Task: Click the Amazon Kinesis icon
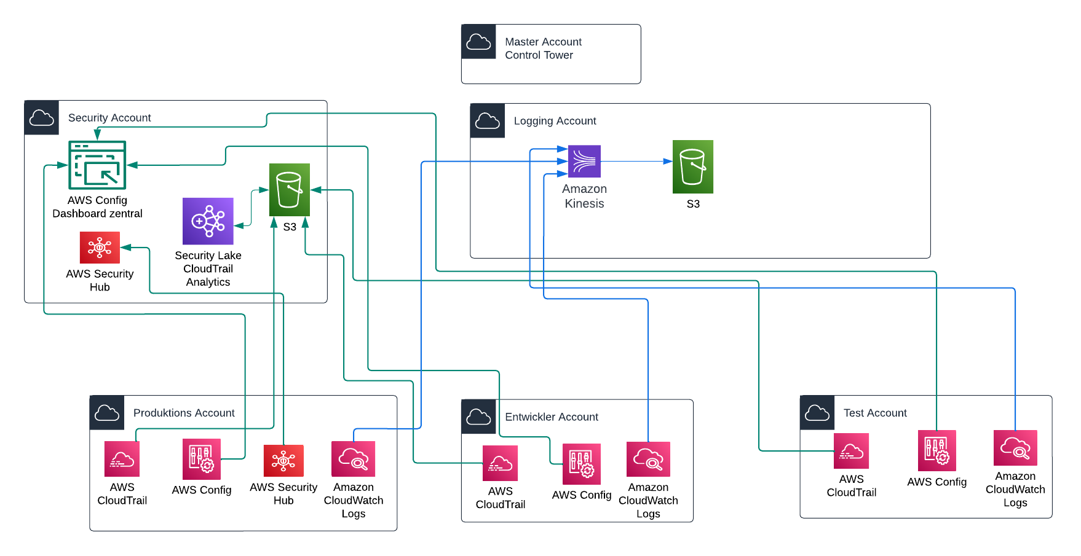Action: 584,161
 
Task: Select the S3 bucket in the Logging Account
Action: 692,166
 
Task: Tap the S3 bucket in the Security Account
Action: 289,189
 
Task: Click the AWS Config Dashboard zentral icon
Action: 97,165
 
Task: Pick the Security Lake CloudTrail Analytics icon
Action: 208,221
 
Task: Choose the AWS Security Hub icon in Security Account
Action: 100,248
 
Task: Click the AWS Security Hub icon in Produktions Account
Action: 283,461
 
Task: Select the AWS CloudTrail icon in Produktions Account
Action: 122,459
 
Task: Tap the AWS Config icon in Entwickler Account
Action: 581,464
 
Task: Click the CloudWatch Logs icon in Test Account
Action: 1015,448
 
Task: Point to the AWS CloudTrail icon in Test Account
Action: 851,451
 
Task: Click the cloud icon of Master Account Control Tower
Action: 478,42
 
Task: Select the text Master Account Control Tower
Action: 543,49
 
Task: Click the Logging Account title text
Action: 555,121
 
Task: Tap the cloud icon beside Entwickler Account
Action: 478,417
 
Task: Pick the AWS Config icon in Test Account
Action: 936,450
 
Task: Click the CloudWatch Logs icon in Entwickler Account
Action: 648,460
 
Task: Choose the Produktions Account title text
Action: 184,413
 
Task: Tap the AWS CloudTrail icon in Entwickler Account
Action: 500,463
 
